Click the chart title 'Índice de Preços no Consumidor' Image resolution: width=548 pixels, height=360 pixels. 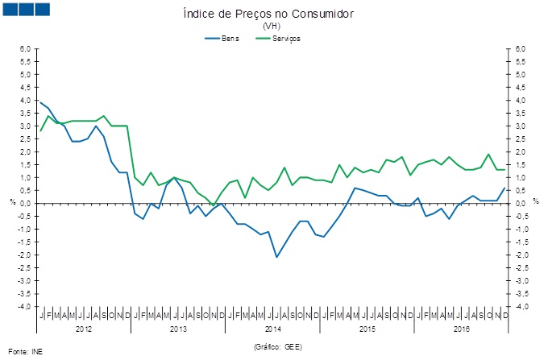[x=269, y=15]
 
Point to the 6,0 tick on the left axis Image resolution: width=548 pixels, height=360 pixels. [x=25, y=49]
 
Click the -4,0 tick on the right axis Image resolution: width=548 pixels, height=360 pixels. [x=523, y=307]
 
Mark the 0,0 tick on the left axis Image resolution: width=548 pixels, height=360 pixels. [x=25, y=204]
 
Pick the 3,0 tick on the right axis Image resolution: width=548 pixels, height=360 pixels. [x=523, y=126]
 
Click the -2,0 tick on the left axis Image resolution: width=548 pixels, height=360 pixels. [x=25, y=255]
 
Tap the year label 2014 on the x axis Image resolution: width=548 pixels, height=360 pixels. [x=272, y=329]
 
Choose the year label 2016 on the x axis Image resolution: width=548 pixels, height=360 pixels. [x=462, y=329]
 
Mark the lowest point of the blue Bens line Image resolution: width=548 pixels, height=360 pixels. [x=276, y=257]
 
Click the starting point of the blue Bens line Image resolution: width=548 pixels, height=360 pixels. [x=40, y=102]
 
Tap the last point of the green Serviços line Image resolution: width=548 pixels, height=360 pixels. [x=505, y=169]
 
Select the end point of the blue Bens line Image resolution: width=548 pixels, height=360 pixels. [x=505, y=188]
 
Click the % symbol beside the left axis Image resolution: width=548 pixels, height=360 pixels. [x=12, y=201]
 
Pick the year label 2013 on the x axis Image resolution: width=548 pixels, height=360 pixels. [x=178, y=329]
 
